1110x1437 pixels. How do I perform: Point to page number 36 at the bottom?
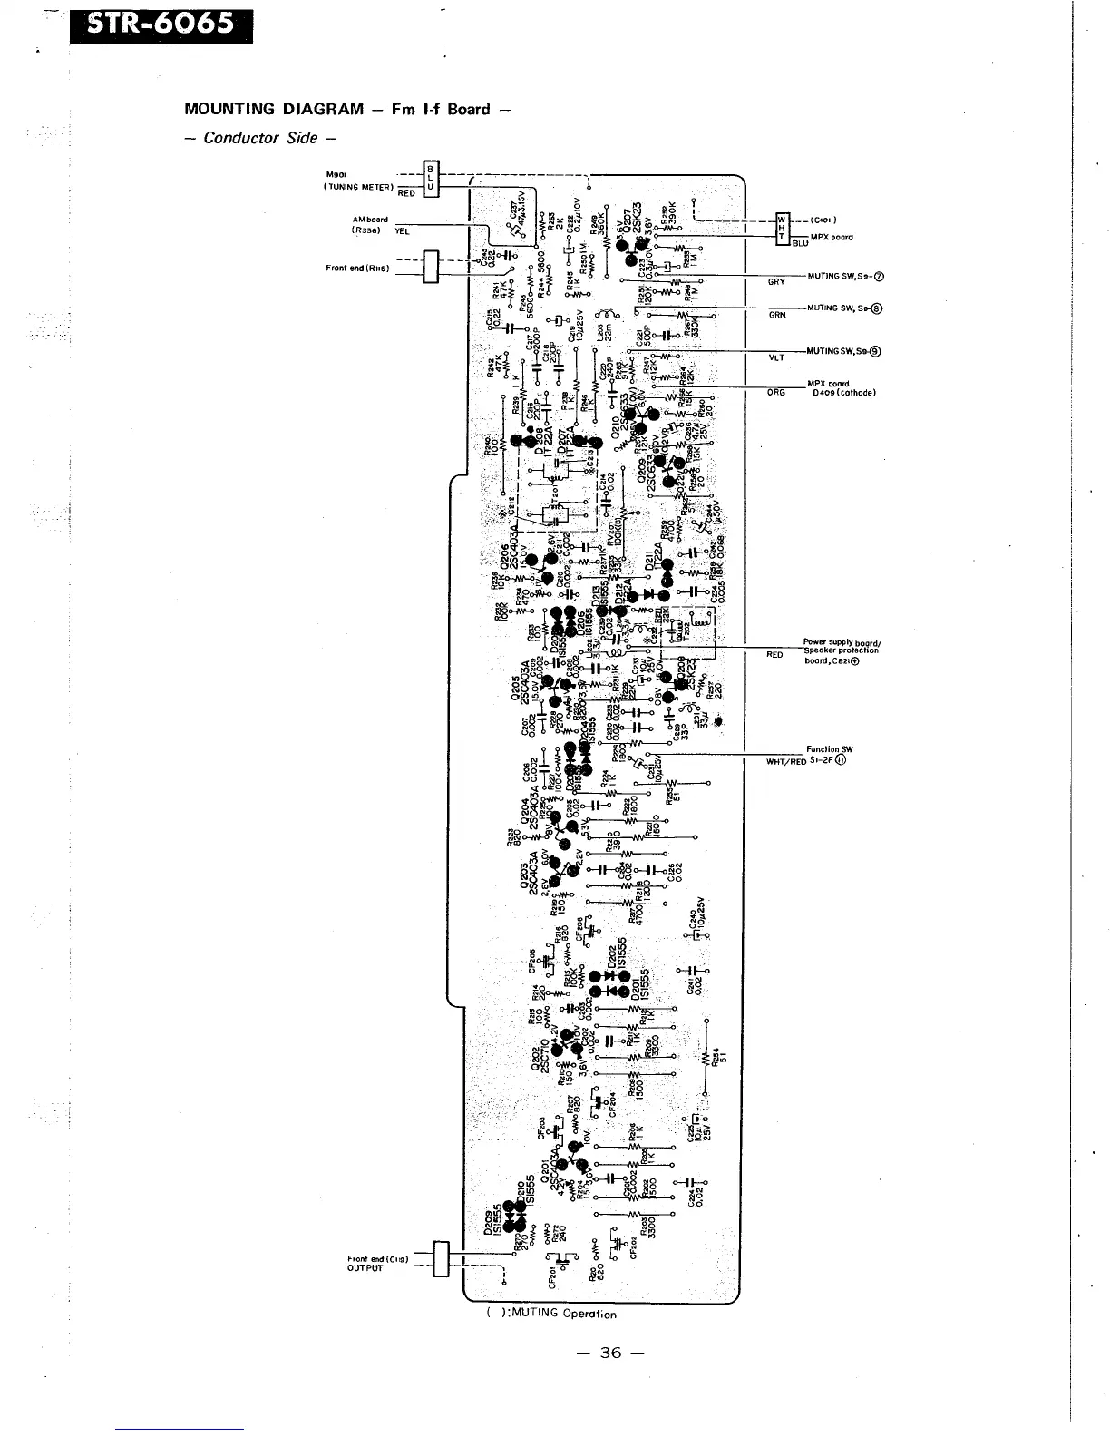tap(610, 1353)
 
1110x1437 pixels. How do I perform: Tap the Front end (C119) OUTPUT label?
tap(376, 1264)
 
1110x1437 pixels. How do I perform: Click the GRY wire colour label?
tap(776, 282)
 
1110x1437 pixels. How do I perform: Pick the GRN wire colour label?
tap(776, 315)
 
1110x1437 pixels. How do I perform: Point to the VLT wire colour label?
tap(776, 357)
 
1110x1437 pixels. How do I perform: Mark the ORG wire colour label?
tap(776, 393)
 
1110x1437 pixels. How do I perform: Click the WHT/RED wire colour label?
tap(786, 761)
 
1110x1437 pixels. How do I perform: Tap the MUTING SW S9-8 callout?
tap(844, 308)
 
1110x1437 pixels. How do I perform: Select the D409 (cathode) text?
tap(843, 393)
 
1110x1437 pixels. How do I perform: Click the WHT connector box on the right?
tap(781, 230)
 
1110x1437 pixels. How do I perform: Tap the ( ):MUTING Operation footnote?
tap(550, 1313)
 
